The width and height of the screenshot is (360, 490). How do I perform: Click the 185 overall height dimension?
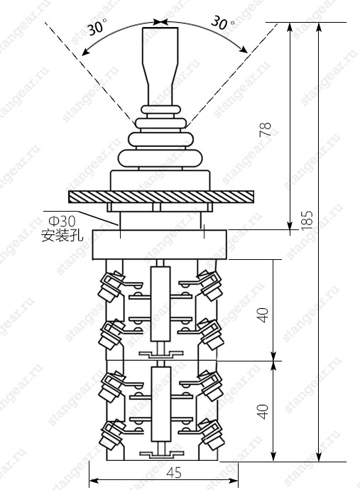tap(307, 220)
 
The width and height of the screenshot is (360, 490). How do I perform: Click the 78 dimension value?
tap(266, 130)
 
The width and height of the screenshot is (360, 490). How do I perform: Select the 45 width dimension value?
tap(174, 473)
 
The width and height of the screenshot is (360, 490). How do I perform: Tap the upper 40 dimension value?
tap(263, 315)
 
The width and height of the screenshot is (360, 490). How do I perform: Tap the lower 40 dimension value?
tap(263, 411)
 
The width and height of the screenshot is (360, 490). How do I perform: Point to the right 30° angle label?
tap(223, 23)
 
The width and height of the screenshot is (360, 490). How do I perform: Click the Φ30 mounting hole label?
tap(62, 222)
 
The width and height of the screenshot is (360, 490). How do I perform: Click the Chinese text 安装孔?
tap(62, 235)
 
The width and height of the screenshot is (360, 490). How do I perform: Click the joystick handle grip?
tap(160, 66)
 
